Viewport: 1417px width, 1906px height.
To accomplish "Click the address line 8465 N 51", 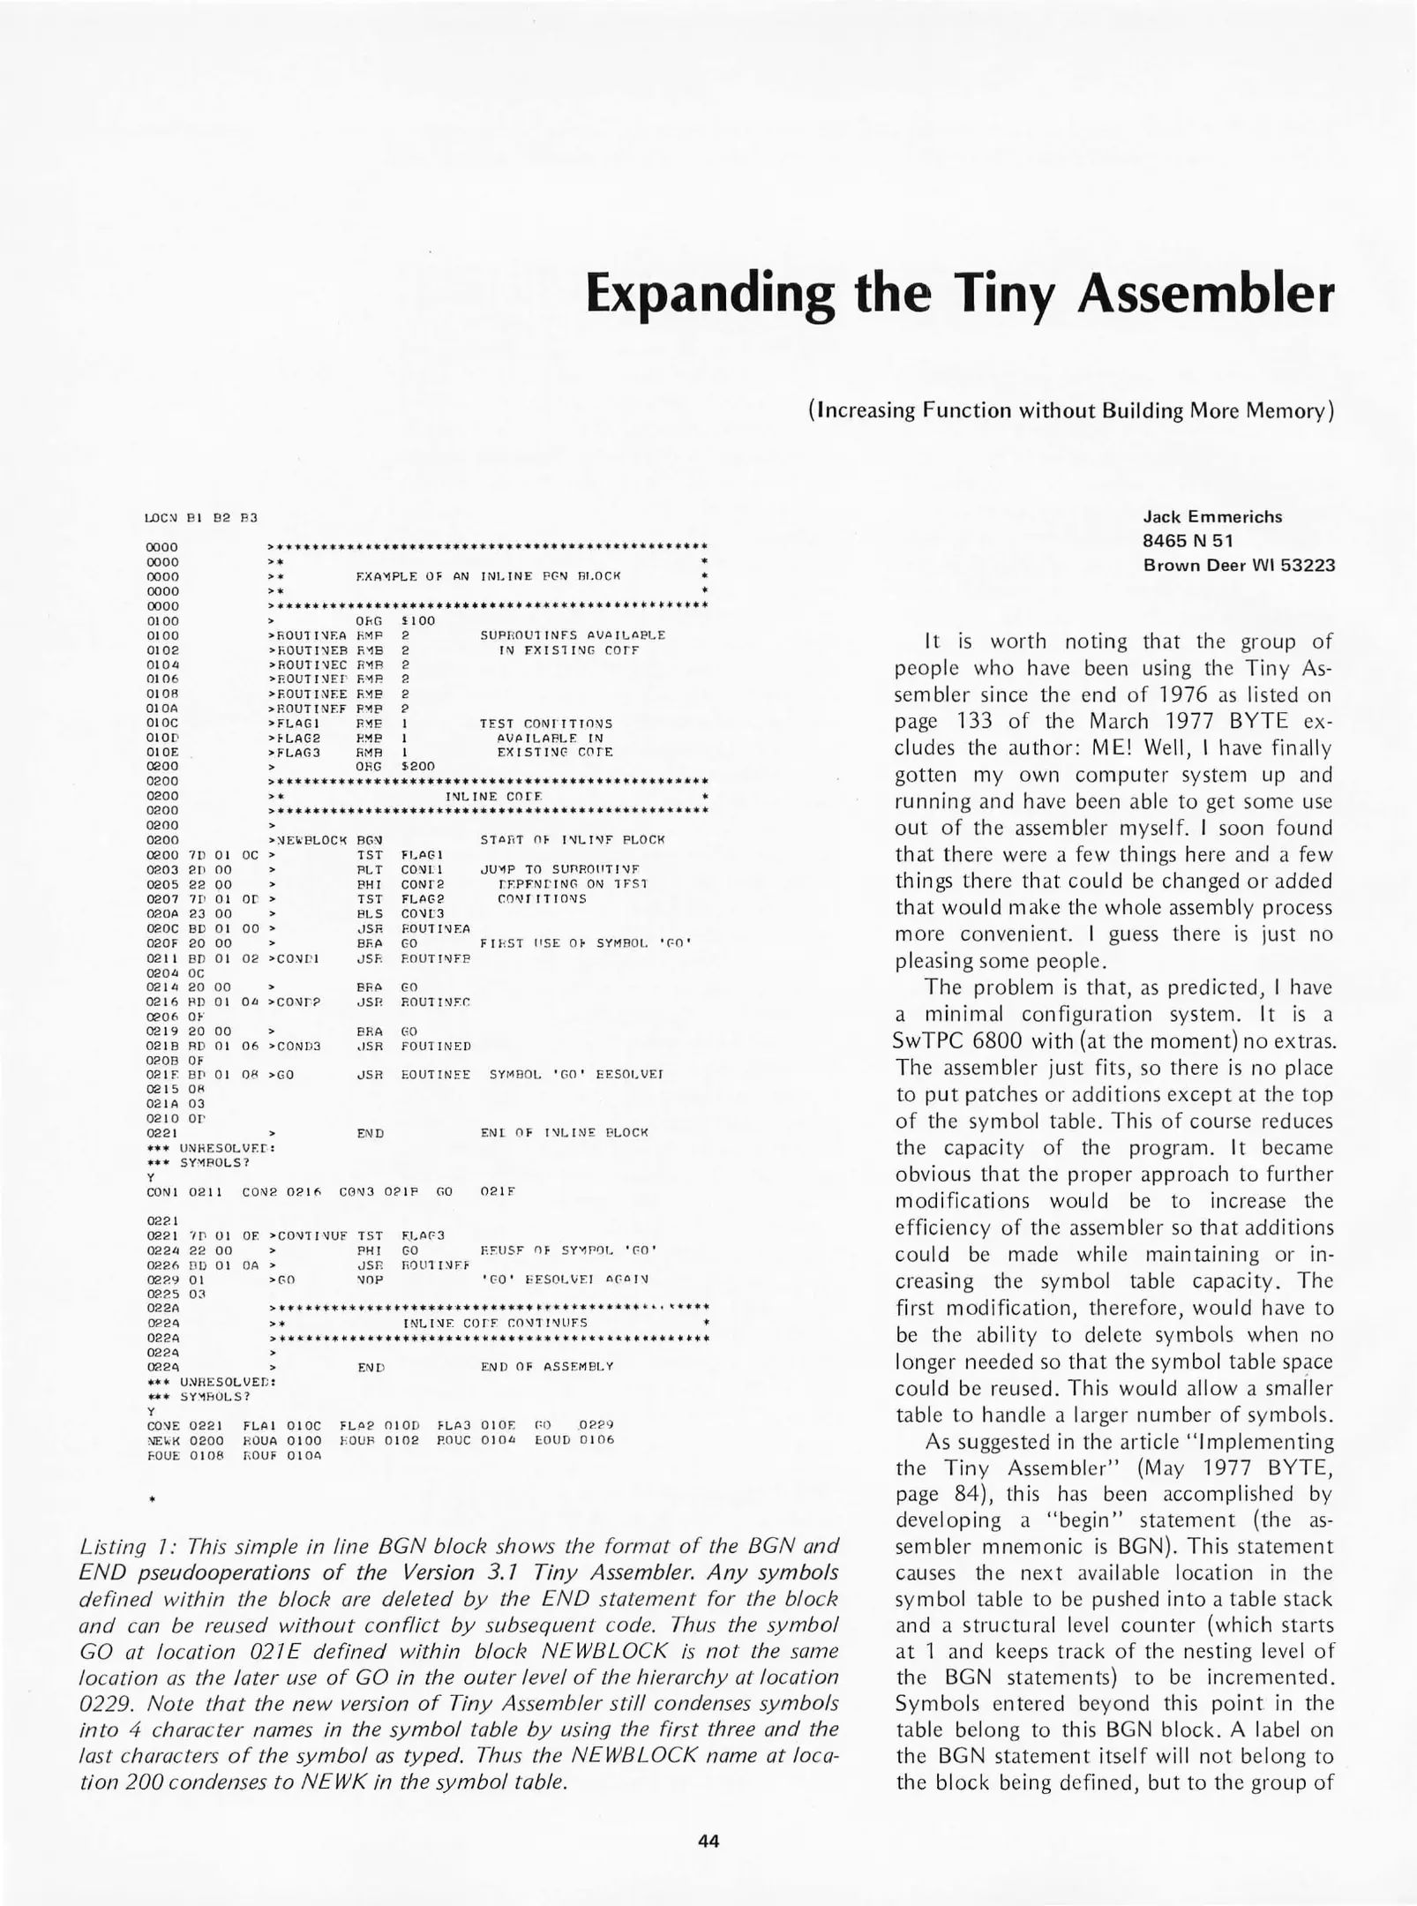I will pyautogui.click(x=1188, y=541).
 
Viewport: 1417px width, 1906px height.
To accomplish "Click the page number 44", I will pyautogui.click(x=708, y=1840).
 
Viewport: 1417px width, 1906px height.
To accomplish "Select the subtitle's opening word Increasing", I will pyautogui.click(x=866, y=410).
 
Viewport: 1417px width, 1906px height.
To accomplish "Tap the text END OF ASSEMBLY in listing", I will pyautogui.click(x=546, y=1367).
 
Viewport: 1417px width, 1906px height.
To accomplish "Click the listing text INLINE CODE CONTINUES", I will pyautogui.click(x=494, y=1323).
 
